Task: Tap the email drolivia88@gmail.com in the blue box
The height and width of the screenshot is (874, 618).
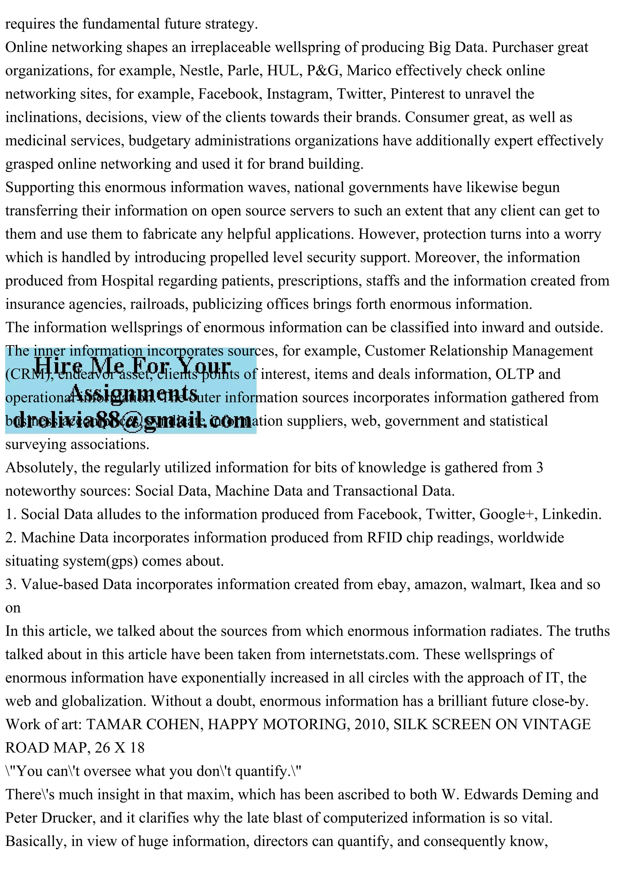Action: pyautogui.click(x=132, y=421)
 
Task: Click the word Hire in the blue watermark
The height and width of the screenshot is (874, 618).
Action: pyautogui.click(x=58, y=366)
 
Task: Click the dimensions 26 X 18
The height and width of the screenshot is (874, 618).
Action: pyautogui.click(x=119, y=748)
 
